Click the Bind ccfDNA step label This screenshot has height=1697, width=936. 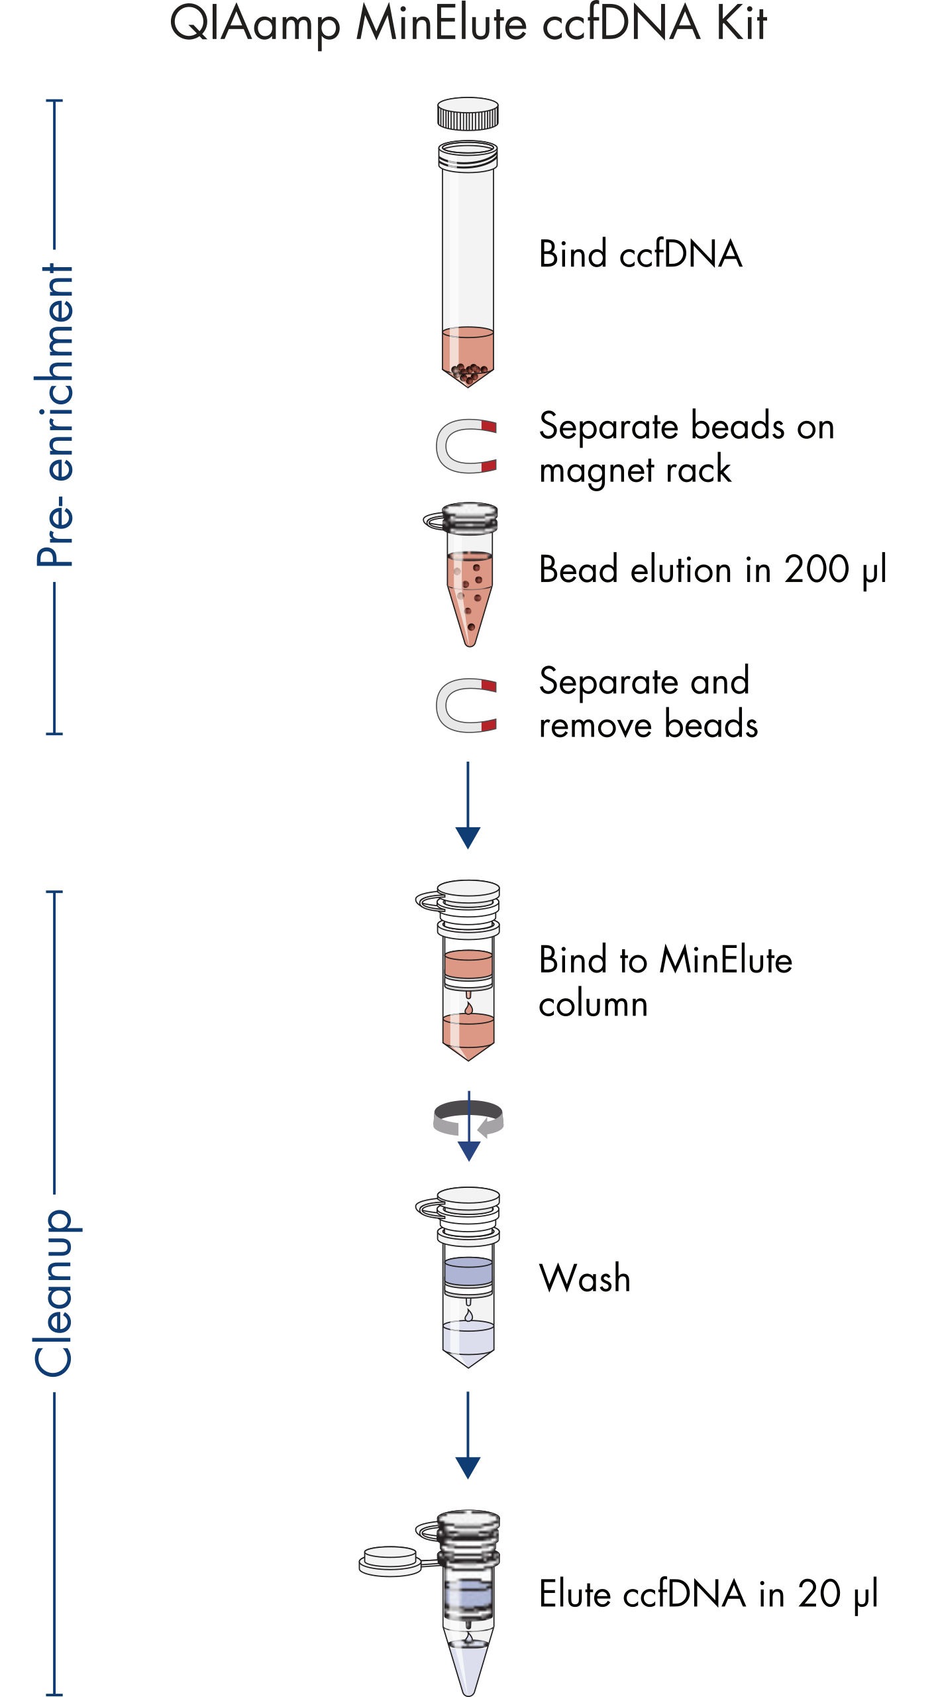[640, 255]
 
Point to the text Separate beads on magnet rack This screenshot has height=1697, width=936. [686, 447]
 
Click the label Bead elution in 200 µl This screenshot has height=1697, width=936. [712, 570]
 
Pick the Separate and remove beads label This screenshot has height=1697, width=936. [647, 703]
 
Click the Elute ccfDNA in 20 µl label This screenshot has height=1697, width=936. [708, 1594]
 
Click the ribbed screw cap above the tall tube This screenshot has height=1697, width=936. [468, 114]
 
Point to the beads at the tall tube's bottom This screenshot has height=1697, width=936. [468, 374]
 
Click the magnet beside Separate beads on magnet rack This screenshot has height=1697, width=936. [465, 446]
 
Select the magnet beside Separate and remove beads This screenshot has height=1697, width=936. [465, 705]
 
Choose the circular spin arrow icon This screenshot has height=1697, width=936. [468, 1120]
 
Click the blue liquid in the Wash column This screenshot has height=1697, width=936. [468, 1271]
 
